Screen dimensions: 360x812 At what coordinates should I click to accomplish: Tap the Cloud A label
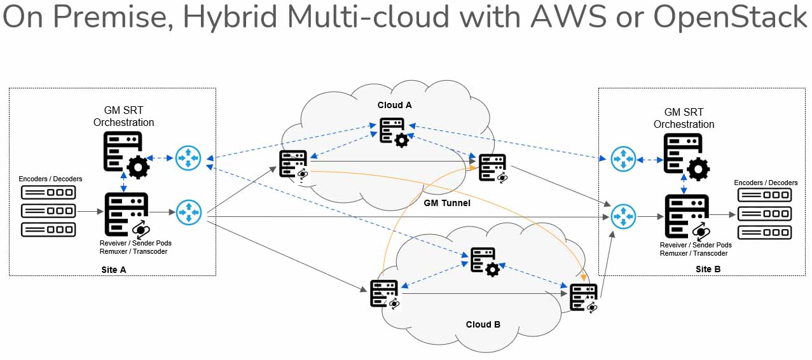click(394, 105)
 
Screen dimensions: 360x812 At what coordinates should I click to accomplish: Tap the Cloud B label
click(483, 324)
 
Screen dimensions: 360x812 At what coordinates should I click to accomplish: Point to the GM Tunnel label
click(447, 203)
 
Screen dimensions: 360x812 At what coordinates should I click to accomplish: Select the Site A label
click(114, 270)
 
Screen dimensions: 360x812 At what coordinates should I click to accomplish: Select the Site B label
click(708, 269)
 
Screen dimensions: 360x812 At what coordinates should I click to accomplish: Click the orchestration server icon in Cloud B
click(484, 261)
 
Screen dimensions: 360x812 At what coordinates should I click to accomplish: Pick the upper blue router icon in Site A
click(188, 158)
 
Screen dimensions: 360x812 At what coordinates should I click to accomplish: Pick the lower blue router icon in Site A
click(188, 212)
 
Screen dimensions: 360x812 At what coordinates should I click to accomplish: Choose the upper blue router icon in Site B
click(623, 159)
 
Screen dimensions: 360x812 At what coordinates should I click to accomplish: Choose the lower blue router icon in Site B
click(623, 216)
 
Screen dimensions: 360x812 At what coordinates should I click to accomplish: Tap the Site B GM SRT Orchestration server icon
click(685, 155)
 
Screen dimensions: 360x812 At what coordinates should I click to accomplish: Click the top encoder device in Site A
click(48, 192)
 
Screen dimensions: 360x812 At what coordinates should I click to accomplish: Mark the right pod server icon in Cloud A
click(493, 168)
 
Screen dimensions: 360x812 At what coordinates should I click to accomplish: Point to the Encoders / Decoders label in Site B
click(766, 183)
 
